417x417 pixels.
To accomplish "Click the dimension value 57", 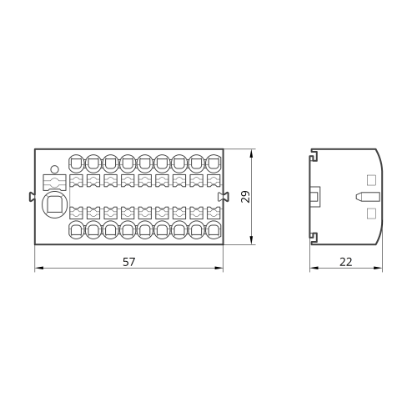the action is [x=129, y=262].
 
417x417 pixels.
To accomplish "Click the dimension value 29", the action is [x=246, y=197].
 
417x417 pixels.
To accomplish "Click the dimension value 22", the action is [x=346, y=262].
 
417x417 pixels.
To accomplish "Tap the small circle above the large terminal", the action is [x=55, y=169].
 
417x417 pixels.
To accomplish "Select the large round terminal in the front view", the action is [x=55, y=204].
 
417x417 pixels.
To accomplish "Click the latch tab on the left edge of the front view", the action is [x=32, y=197].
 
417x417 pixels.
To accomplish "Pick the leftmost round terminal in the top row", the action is [x=76, y=163].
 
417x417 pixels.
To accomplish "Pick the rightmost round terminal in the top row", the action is [x=214, y=163].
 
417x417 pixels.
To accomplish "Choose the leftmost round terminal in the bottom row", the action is [x=76, y=229].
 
